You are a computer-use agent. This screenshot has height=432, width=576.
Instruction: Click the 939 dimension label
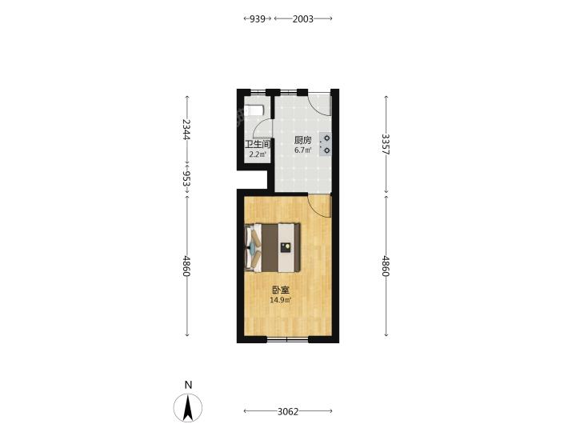258,18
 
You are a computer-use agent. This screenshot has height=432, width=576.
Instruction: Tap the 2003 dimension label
303,18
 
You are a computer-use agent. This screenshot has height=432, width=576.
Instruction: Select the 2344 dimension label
187,130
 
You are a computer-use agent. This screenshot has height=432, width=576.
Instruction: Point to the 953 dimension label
187,179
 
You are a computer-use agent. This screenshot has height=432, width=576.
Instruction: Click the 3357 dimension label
386,144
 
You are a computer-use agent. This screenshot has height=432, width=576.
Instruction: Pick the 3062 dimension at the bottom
288,411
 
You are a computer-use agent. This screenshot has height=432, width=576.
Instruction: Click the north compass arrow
188,407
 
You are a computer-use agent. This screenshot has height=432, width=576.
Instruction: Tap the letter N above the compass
188,385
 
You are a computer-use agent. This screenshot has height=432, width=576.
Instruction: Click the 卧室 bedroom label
281,290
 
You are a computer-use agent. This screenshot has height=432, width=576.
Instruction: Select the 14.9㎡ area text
281,300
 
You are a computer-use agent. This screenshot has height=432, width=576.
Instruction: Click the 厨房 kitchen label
302,140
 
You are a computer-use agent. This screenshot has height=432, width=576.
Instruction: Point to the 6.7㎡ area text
302,150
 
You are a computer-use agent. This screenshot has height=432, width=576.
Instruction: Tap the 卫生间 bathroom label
258,144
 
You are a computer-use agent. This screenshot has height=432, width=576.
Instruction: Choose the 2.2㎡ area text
258,154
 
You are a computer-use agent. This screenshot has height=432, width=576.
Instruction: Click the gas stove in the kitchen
325,144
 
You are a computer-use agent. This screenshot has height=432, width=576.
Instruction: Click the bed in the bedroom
272,247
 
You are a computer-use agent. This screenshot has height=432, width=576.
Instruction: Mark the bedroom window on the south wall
287,340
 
